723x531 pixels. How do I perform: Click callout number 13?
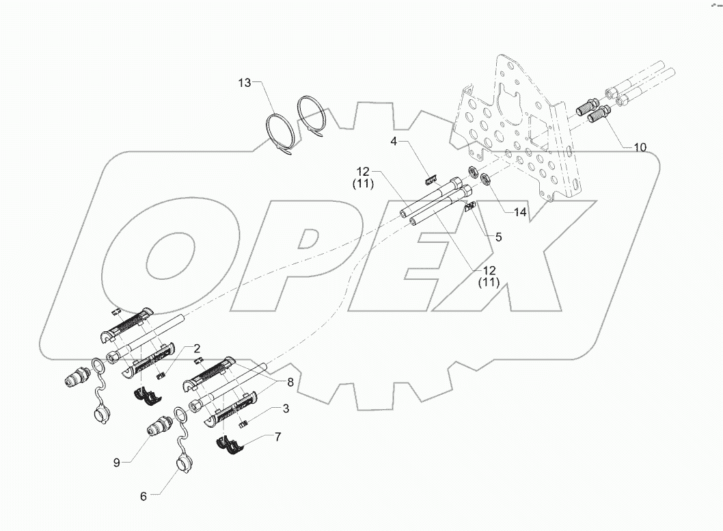tap(245, 83)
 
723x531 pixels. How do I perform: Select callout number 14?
tap(521, 212)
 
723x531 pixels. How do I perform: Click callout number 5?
tap(498, 237)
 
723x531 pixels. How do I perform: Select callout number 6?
tap(144, 496)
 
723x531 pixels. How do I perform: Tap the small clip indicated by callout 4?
tap(431, 180)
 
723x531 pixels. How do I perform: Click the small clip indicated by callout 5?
tap(471, 208)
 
